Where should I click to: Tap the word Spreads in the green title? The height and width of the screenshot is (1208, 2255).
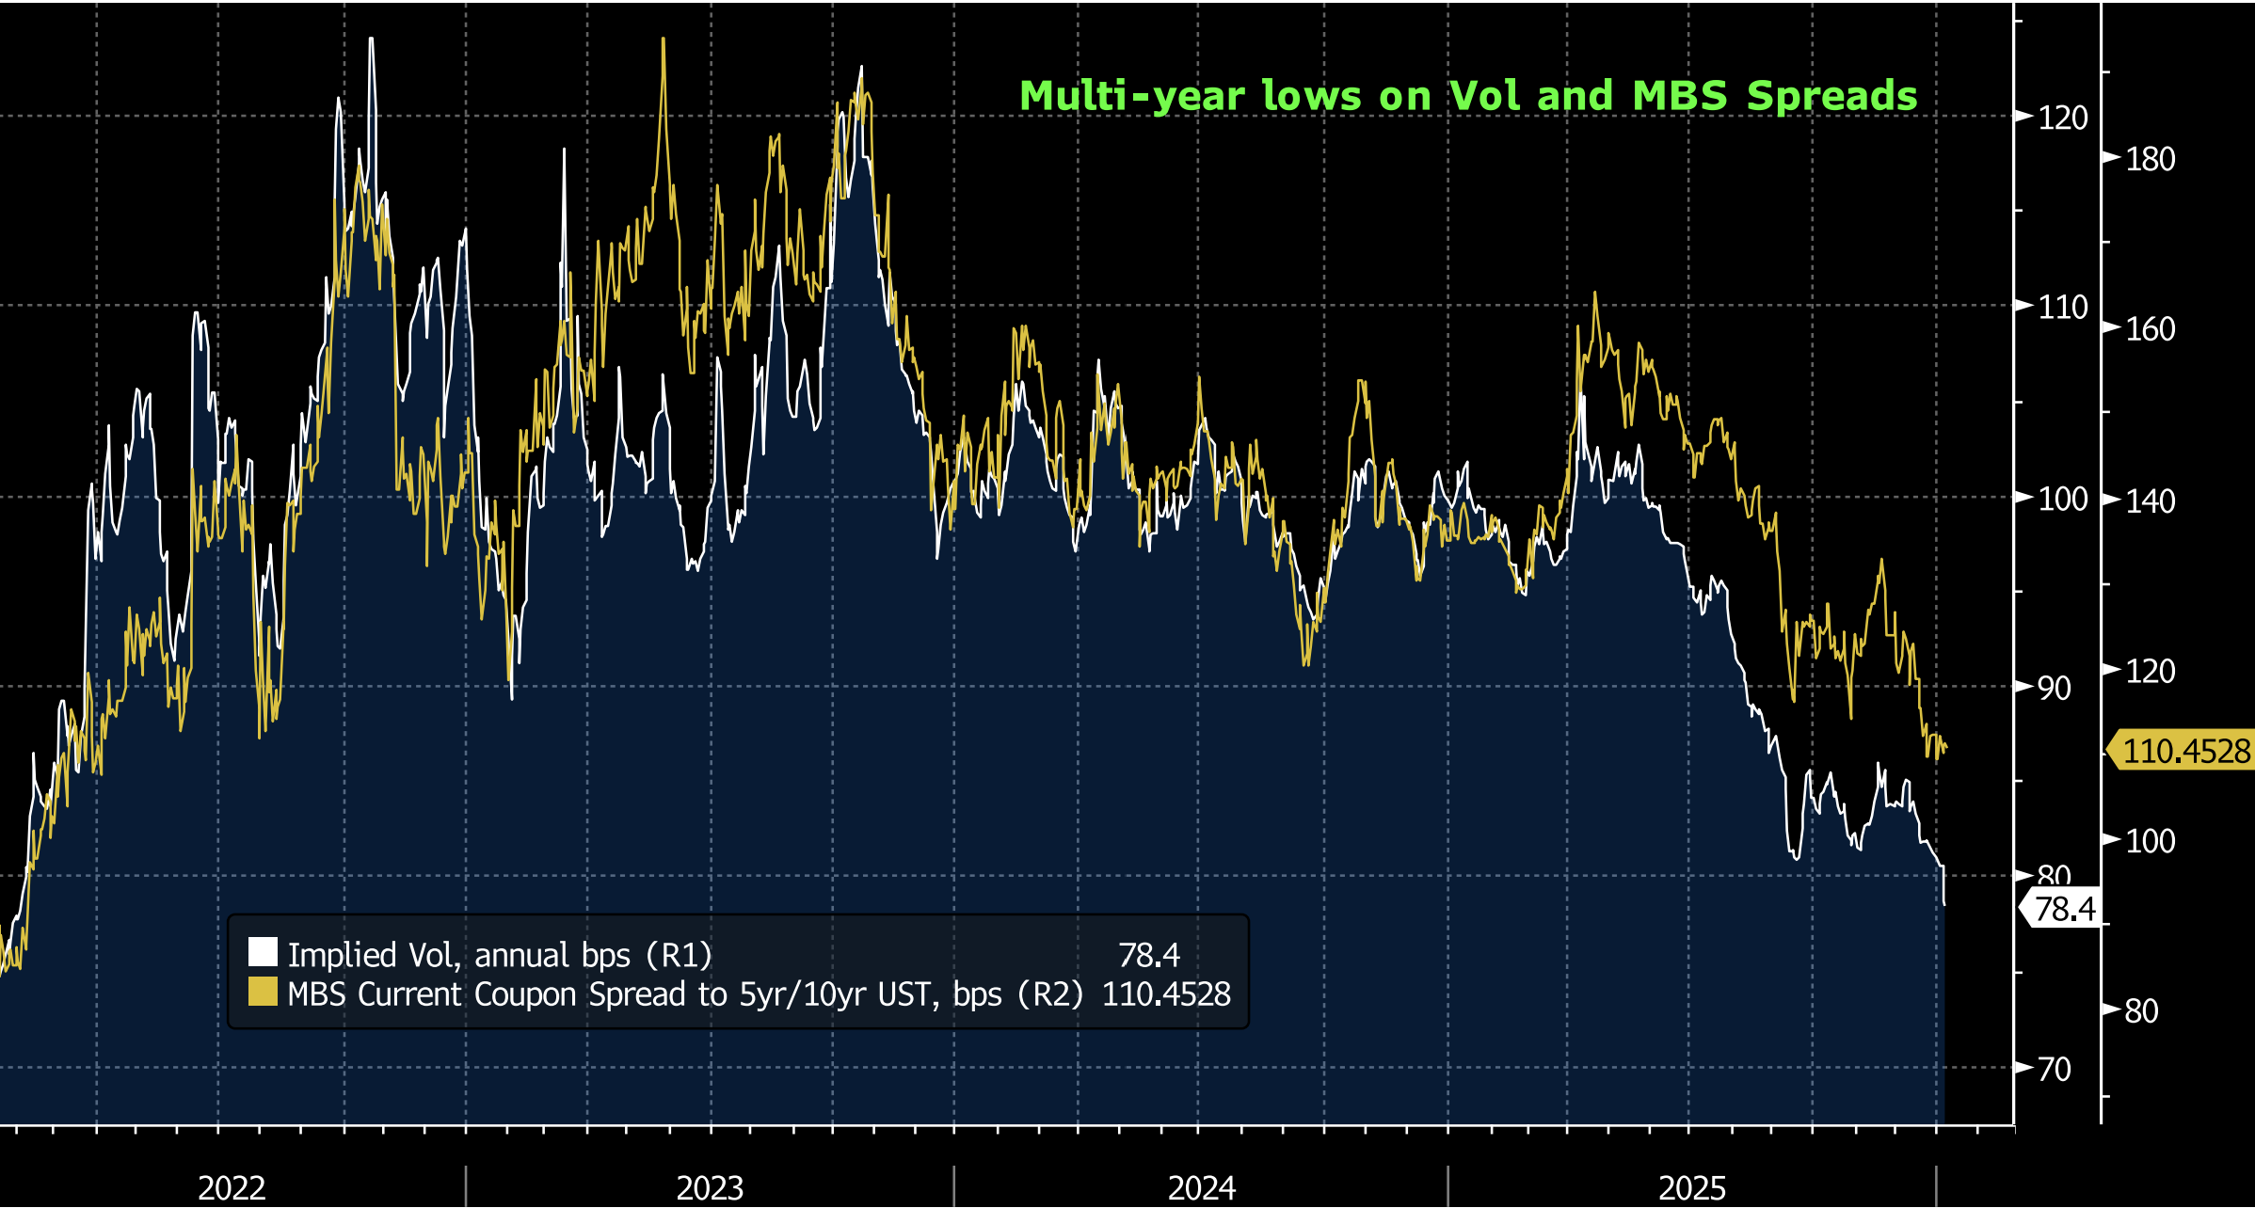(1831, 96)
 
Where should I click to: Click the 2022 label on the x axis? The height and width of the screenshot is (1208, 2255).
(232, 1187)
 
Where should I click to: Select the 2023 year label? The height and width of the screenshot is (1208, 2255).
(710, 1187)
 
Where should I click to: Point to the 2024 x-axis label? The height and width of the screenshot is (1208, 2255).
(1201, 1187)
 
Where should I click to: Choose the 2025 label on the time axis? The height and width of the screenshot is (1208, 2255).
(1691, 1187)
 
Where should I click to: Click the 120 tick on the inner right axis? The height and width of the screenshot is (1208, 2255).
(2062, 119)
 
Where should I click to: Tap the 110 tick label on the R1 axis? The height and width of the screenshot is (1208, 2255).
(2062, 308)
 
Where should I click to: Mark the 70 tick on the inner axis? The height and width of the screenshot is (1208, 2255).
(2055, 1069)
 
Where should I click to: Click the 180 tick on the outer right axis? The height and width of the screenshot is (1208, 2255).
(2151, 159)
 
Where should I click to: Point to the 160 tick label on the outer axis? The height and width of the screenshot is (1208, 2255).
(2151, 329)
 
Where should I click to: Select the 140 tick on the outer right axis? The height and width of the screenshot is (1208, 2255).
(2151, 501)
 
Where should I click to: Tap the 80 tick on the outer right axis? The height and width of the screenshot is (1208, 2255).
(2141, 1011)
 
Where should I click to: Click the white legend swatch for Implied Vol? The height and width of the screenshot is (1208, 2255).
(263, 952)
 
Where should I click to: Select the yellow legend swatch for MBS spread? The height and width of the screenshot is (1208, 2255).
(263, 992)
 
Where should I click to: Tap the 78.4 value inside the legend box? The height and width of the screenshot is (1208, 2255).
(1148, 955)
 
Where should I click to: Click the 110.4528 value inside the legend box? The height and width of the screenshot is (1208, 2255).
(1166, 994)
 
